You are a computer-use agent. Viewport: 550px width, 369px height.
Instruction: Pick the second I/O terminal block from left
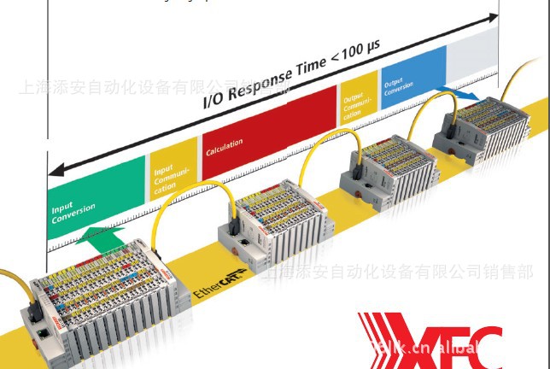pyautogui.click(x=269, y=222)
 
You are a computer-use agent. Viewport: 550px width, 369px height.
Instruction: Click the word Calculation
pyautogui.click(x=225, y=145)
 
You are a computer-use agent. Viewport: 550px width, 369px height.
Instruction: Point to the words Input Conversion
pyautogui.click(x=73, y=212)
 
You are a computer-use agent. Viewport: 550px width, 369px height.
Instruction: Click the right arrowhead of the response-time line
pyautogui.click(x=494, y=16)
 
